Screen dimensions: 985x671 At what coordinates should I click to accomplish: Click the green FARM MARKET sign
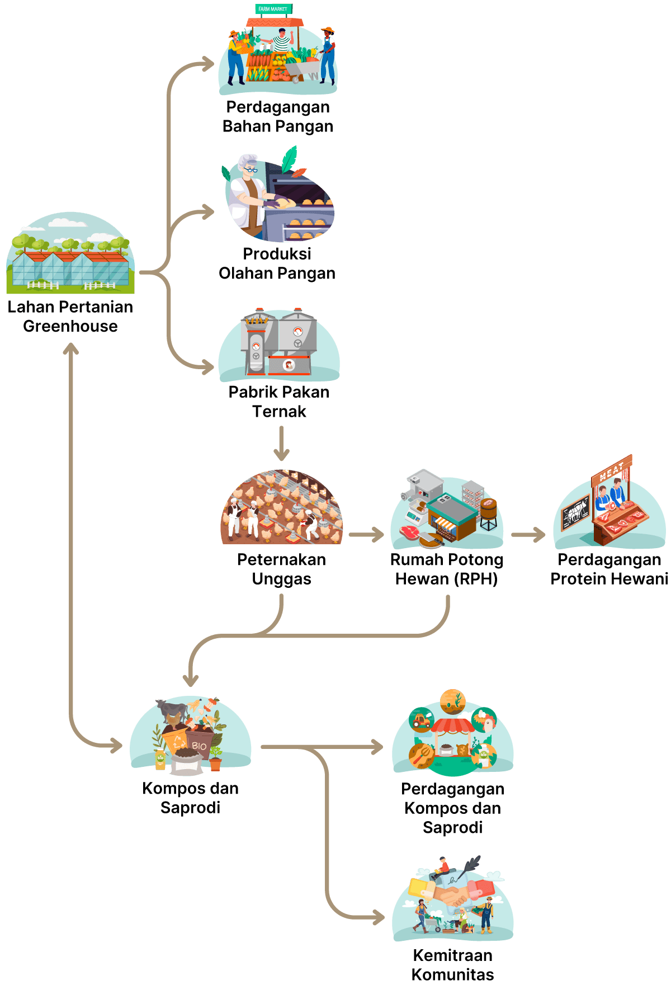[273, 9]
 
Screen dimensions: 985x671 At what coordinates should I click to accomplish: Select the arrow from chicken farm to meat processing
[366, 535]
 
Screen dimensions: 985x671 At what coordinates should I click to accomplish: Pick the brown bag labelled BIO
[199, 745]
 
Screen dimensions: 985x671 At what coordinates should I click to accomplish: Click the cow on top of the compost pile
[172, 711]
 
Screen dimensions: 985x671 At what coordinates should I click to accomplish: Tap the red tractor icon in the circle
[422, 720]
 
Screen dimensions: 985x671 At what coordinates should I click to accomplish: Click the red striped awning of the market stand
[453, 726]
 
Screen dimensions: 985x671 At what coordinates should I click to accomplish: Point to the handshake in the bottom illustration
[452, 895]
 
